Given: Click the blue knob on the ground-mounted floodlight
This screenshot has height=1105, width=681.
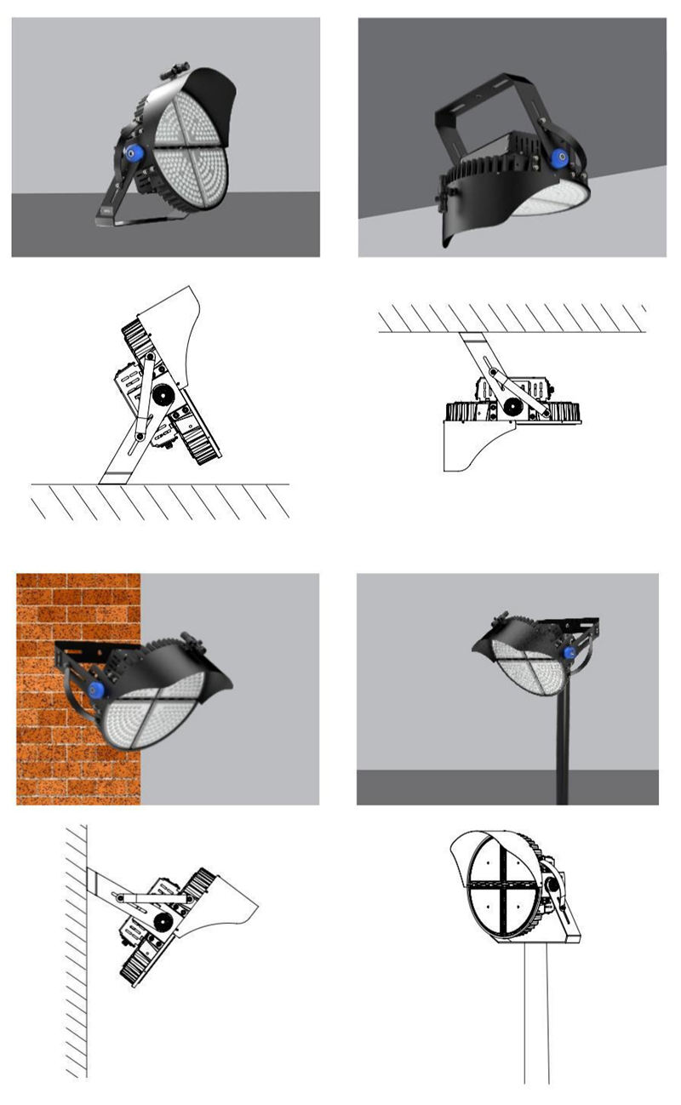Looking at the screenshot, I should tap(132, 153).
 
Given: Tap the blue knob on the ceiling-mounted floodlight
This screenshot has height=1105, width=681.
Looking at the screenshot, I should tap(559, 158).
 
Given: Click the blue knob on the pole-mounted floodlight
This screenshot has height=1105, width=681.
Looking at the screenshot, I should tap(569, 653).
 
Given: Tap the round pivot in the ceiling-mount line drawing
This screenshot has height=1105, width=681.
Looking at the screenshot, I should tap(513, 407).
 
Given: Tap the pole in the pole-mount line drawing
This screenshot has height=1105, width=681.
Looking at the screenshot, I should tap(535, 1022).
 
